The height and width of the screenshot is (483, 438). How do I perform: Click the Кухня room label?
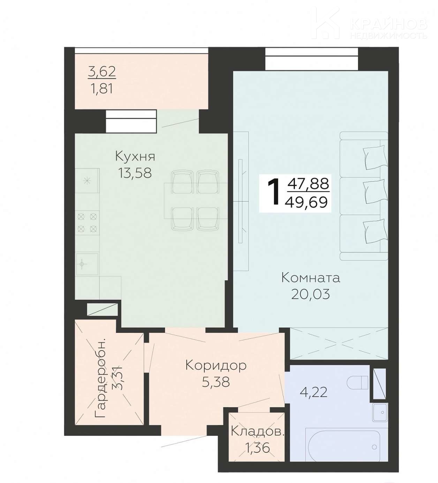click(135, 157)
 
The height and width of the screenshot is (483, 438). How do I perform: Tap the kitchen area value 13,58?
click(135, 172)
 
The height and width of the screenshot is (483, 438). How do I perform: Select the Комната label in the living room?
click(311, 278)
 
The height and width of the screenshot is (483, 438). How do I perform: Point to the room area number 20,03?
click(310, 294)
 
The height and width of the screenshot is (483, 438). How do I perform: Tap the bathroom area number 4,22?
click(314, 392)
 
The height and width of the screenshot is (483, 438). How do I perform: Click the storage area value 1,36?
click(257, 447)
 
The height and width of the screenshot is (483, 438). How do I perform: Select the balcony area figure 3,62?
click(102, 72)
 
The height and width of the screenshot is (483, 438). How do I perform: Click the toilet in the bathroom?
click(358, 382)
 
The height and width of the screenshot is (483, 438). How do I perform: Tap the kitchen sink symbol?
click(87, 264)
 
